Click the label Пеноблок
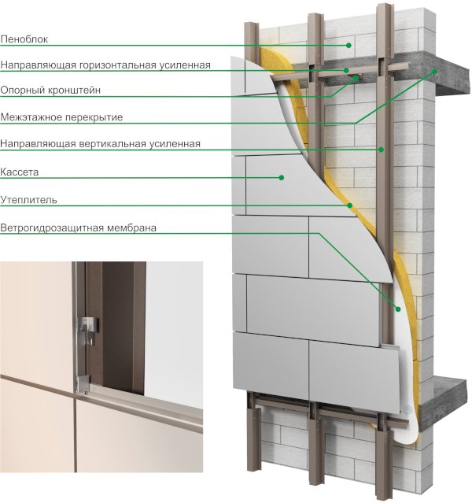point(24,39)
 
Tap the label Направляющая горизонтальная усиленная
point(105,65)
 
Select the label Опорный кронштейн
point(50,91)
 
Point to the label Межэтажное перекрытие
point(61,117)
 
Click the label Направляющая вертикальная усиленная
point(101,143)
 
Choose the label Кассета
point(19,172)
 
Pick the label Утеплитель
point(28,200)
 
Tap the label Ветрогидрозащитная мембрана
point(78,227)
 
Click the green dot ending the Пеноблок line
point(348,46)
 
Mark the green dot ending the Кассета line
point(281,177)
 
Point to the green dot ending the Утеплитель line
point(350,205)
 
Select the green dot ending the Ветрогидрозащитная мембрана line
point(398,309)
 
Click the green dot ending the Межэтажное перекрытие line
point(435,72)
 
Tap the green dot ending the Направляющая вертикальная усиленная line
point(382,150)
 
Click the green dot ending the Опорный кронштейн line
point(356,78)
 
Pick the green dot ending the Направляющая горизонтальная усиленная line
point(346,70)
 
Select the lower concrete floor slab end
point(449,398)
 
